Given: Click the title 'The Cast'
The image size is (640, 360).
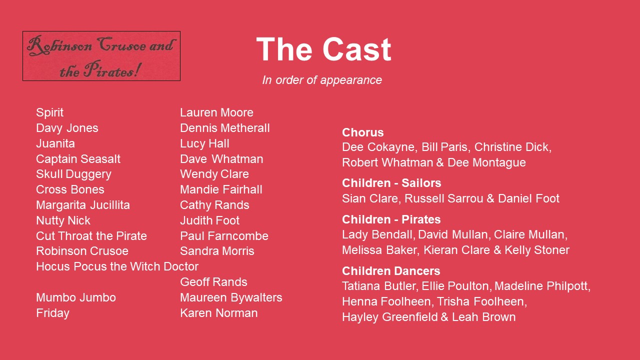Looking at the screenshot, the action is click(x=323, y=49).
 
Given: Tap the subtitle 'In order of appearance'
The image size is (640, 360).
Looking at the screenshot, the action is click(x=322, y=80).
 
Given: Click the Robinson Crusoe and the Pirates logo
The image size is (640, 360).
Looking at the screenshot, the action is click(x=101, y=56).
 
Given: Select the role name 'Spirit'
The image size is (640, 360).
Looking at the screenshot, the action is click(x=49, y=113).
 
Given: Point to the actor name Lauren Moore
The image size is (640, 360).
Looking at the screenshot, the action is click(x=216, y=112).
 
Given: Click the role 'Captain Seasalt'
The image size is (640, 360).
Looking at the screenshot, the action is click(x=78, y=159).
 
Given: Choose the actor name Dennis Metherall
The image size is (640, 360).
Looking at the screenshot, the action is click(x=225, y=128).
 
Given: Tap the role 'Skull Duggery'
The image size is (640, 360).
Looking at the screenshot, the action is click(x=73, y=174).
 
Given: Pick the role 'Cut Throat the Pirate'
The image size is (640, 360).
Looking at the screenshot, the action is click(x=91, y=236).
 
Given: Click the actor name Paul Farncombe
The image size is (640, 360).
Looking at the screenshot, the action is click(x=224, y=236).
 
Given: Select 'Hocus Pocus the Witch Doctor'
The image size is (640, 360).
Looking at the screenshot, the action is click(x=117, y=266).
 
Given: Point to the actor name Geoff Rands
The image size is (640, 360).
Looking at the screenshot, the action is click(x=213, y=282).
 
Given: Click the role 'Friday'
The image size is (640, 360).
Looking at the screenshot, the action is click(x=53, y=313).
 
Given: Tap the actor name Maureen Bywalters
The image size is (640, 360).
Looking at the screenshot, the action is click(x=231, y=297).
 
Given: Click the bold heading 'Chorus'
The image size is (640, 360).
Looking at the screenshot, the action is click(x=363, y=132).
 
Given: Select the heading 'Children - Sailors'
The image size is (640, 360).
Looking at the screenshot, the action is click(x=391, y=183).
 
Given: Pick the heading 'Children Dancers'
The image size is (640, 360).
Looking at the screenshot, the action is click(x=391, y=271).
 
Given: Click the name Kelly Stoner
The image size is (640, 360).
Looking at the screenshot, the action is click(x=537, y=250).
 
